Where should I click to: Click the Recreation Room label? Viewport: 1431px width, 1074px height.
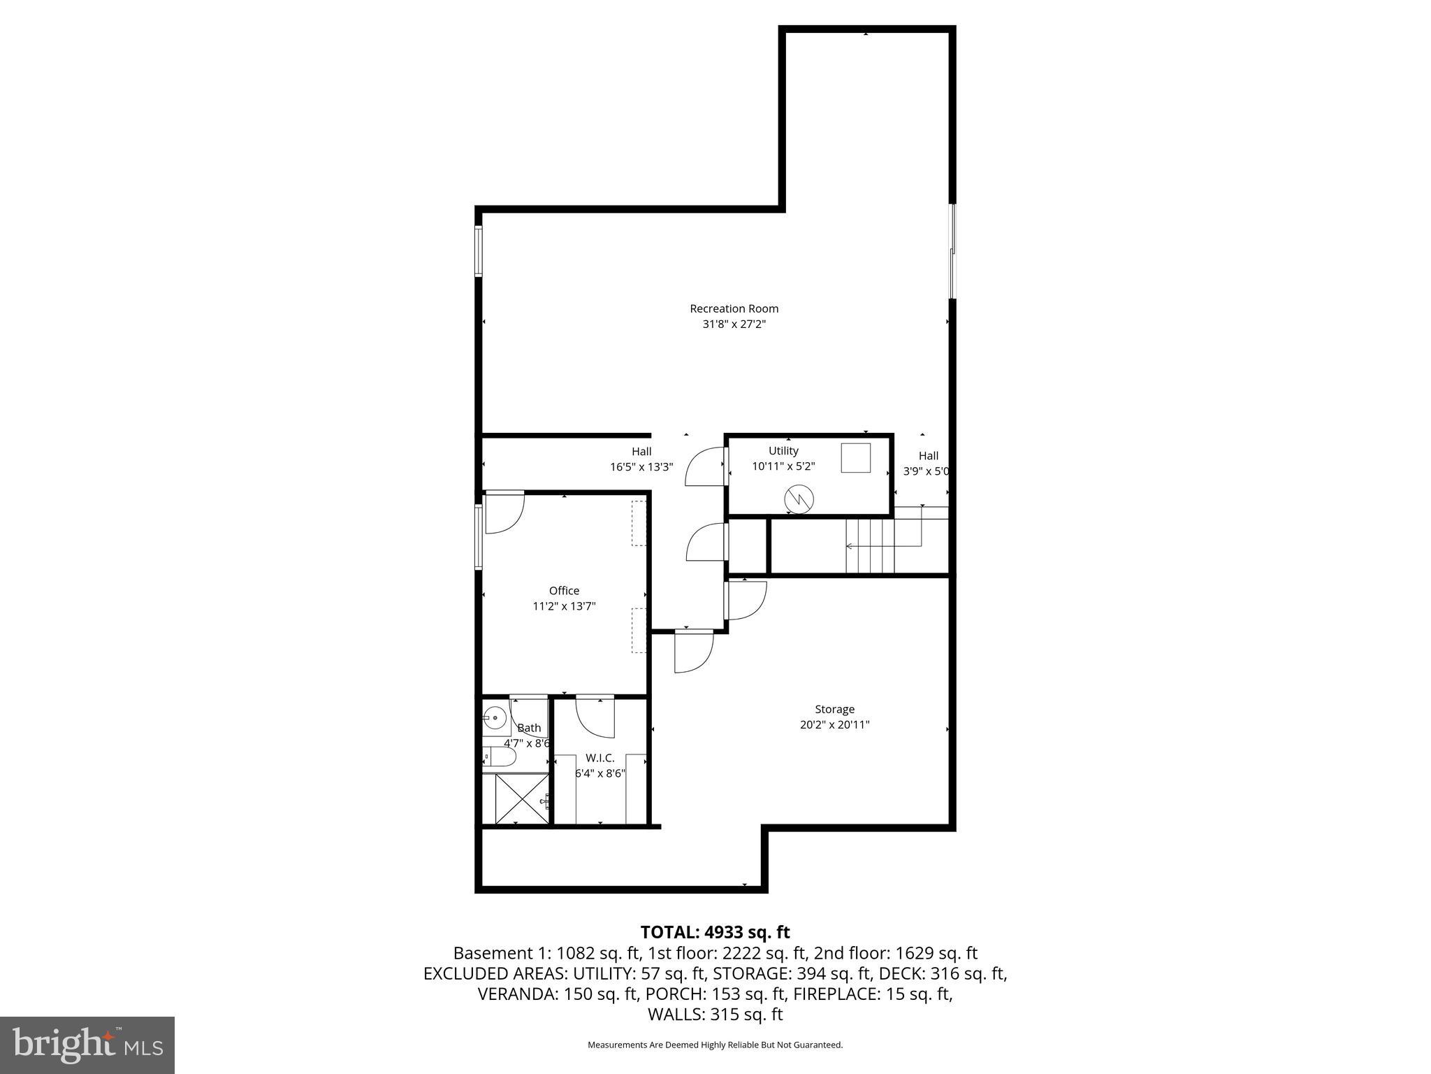click(x=734, y=308)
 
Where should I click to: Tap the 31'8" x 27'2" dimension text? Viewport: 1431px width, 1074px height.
click(x=734, y=324)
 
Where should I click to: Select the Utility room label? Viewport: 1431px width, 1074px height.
click(x=783, y=451)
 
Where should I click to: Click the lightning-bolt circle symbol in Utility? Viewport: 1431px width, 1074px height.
click(x=799, y=499)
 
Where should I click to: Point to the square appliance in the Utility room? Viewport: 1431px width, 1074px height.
click(x=855, y=458)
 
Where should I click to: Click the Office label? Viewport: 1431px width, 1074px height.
click(x=564, y=591)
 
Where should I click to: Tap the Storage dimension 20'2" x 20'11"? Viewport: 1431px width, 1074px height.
click(x=834, y=725)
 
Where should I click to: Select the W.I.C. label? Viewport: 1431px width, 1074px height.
click(x=600, y=758)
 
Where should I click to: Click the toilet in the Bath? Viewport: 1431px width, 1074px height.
click(x=500, y=758)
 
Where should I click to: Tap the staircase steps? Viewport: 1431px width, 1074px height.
click(x=870, y=546)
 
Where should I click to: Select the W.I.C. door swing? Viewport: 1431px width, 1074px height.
click(x=595, y=717)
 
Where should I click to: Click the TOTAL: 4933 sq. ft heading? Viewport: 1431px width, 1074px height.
click(x=715, y=932)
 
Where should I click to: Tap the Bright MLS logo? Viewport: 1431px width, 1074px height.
click(x=87, y=1045)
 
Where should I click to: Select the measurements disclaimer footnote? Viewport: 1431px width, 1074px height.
click(x=715, y=1045)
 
